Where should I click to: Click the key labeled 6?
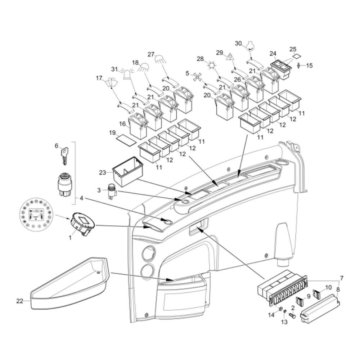click(x=65, y=156)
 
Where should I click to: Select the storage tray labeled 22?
click(x=68, y=284)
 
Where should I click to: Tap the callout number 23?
click(x=103, y=173)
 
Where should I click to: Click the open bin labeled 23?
click(x=128, y=172)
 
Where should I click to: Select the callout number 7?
click(x=341, y=278)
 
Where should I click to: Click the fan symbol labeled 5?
click(x=196, y=77)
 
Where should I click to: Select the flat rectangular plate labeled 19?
click(x=127, y=139)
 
